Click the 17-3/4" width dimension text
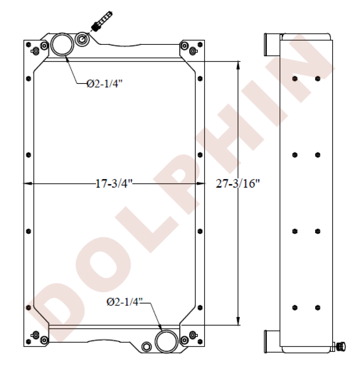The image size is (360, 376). pyautogui.click(x=114, y=184)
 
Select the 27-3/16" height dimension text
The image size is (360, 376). pyautogui.click(x=238, y=184)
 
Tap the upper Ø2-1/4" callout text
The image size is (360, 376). pyautogui.click(x=104, y=84)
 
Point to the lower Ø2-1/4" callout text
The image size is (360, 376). pyautogui.click(x=125, y=302)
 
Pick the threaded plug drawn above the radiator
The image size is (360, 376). pyautogui.click(x=102, y=21)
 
